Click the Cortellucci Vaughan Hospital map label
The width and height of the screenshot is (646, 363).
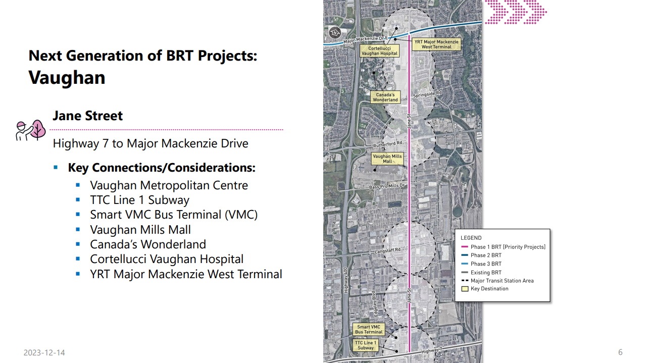point(379,51)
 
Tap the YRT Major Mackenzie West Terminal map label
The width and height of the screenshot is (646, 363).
point(436,44)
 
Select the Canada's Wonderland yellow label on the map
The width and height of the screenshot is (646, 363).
point(385,97)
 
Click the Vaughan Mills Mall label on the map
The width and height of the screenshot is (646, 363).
point(387,159)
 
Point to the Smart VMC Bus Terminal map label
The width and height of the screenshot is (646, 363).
point(369,330)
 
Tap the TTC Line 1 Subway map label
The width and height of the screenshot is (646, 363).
point(366,345)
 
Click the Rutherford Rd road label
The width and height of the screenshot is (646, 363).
point(387,144)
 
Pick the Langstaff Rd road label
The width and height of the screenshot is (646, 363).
point(387,250)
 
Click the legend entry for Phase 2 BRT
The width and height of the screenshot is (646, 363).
point(486,255)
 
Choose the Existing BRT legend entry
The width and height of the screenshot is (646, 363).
point(486,273)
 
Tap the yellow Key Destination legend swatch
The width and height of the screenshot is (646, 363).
point(465,289)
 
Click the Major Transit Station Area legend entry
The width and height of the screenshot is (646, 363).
point(502,281)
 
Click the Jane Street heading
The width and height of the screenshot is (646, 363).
point(87,116)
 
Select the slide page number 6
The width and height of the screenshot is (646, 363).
point(620,352)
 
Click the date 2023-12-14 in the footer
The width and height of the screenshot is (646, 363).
point(44,352)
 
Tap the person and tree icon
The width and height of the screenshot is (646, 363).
point(31,130)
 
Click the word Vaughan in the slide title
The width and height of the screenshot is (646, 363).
point(67,78)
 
